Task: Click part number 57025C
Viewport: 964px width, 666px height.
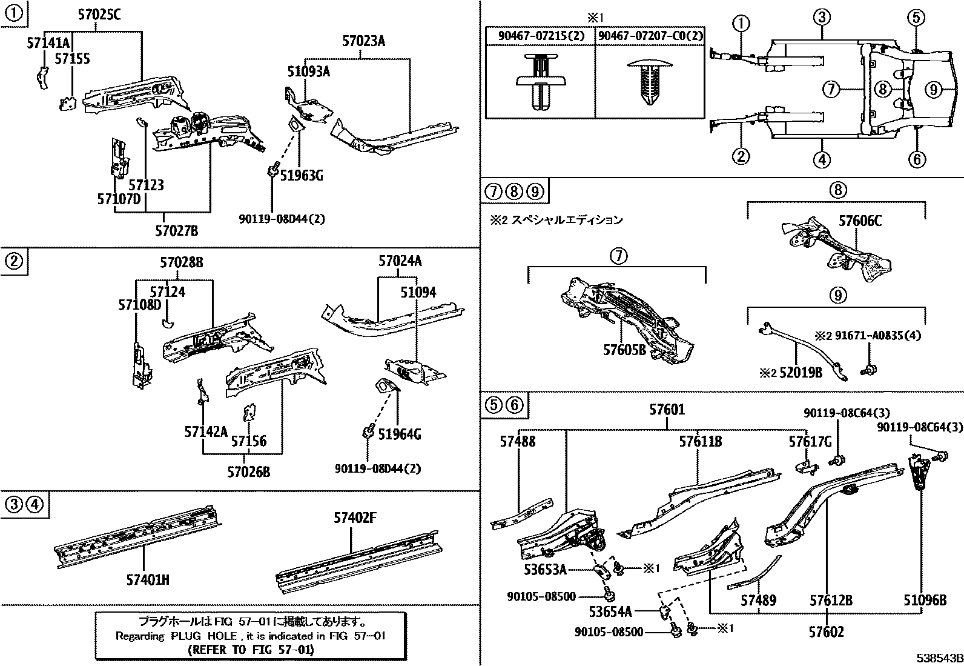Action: [x=99, y=16]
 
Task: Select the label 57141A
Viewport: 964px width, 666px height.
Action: [x=48, y=42]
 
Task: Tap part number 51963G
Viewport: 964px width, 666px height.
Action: [x=302, y=176]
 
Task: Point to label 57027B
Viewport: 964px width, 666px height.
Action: [x=176, y=231]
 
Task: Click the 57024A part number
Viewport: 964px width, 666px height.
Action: [x=400, y=261]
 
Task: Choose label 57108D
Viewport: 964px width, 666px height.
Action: [x=139, y=304]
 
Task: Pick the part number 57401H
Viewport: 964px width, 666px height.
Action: [x=147, y=580]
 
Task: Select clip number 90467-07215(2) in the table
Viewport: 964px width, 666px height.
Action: [x=541, y=36]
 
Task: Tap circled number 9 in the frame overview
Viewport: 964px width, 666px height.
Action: [x=933, y=90]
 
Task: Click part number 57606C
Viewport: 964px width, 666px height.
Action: [x=860, y=221]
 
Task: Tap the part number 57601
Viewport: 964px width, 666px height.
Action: [x=667, y=410]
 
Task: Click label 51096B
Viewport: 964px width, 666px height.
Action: [x=925, y=601]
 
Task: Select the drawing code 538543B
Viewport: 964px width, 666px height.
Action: [x=939, y=657]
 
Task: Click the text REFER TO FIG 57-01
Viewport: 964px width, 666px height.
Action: [x=251, y=650]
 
